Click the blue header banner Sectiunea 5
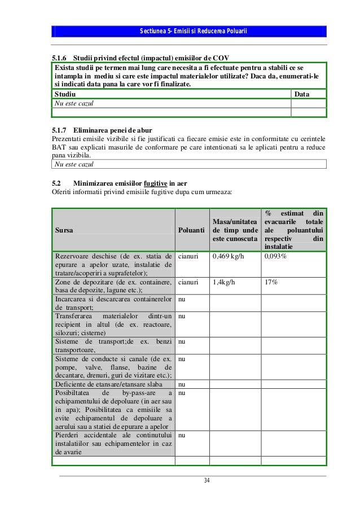(x=188, y=30)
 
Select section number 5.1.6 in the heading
(x=59, y=58)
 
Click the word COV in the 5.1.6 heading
(x=220, y=58)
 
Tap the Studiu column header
(x=64, y=94)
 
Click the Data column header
(x=302, y=94)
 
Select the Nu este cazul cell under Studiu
(x=74, y=103)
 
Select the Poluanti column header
(x=191, y=230)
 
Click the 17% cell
(x=270, y=282)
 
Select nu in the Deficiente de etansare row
(x=182, y=385)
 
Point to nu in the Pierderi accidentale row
(x=182, y=436)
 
